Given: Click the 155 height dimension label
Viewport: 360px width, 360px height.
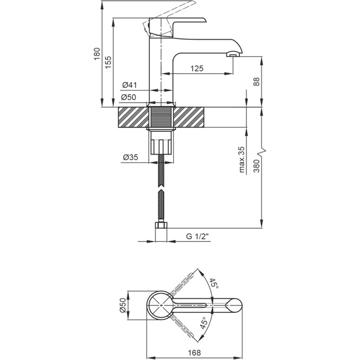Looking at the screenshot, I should pos(109,62).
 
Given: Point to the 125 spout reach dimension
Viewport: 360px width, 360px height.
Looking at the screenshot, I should pos(197,68).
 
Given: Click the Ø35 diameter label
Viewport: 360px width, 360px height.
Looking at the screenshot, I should pos(130,157).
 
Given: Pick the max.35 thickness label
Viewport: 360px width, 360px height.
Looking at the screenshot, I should pos(241,159).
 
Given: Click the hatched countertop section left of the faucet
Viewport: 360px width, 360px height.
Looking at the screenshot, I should pos(132,117).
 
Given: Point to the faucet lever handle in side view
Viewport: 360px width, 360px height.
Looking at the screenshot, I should pos(175,24).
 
